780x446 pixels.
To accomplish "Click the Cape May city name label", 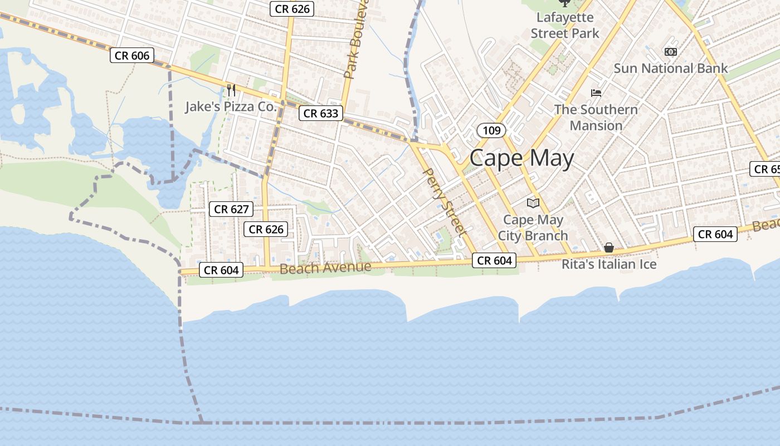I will [x=521, y=158].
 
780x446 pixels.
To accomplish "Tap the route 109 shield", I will [x=491, y=130].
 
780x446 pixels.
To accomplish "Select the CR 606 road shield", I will [x=132, y=55].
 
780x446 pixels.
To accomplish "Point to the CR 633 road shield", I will [x=321, y=114].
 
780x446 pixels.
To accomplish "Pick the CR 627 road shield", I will [x=231, y=209].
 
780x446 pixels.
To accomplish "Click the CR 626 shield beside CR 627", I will [x=266, y=229].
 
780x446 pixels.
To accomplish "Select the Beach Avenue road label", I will [x=325, y=268].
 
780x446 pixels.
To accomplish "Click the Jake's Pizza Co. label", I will [x=231, y=106].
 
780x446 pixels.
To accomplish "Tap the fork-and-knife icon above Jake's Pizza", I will [x=231, y=90].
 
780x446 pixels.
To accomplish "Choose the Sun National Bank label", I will [x=670, y=68].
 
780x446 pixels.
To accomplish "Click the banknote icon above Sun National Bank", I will [x=671, y=52].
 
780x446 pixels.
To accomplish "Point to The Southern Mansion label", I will [x=596, y=117].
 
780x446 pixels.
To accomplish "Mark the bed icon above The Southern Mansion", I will [x=596, y=93].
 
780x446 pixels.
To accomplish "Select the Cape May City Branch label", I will [x=533, y=227].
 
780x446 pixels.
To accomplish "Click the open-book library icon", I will [x=533, y=203].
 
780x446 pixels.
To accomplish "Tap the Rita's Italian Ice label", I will [x=609, y=264].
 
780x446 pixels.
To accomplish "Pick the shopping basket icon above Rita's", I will [x=610, y=247].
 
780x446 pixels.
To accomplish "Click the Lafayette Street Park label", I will [x=564, y=25].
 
